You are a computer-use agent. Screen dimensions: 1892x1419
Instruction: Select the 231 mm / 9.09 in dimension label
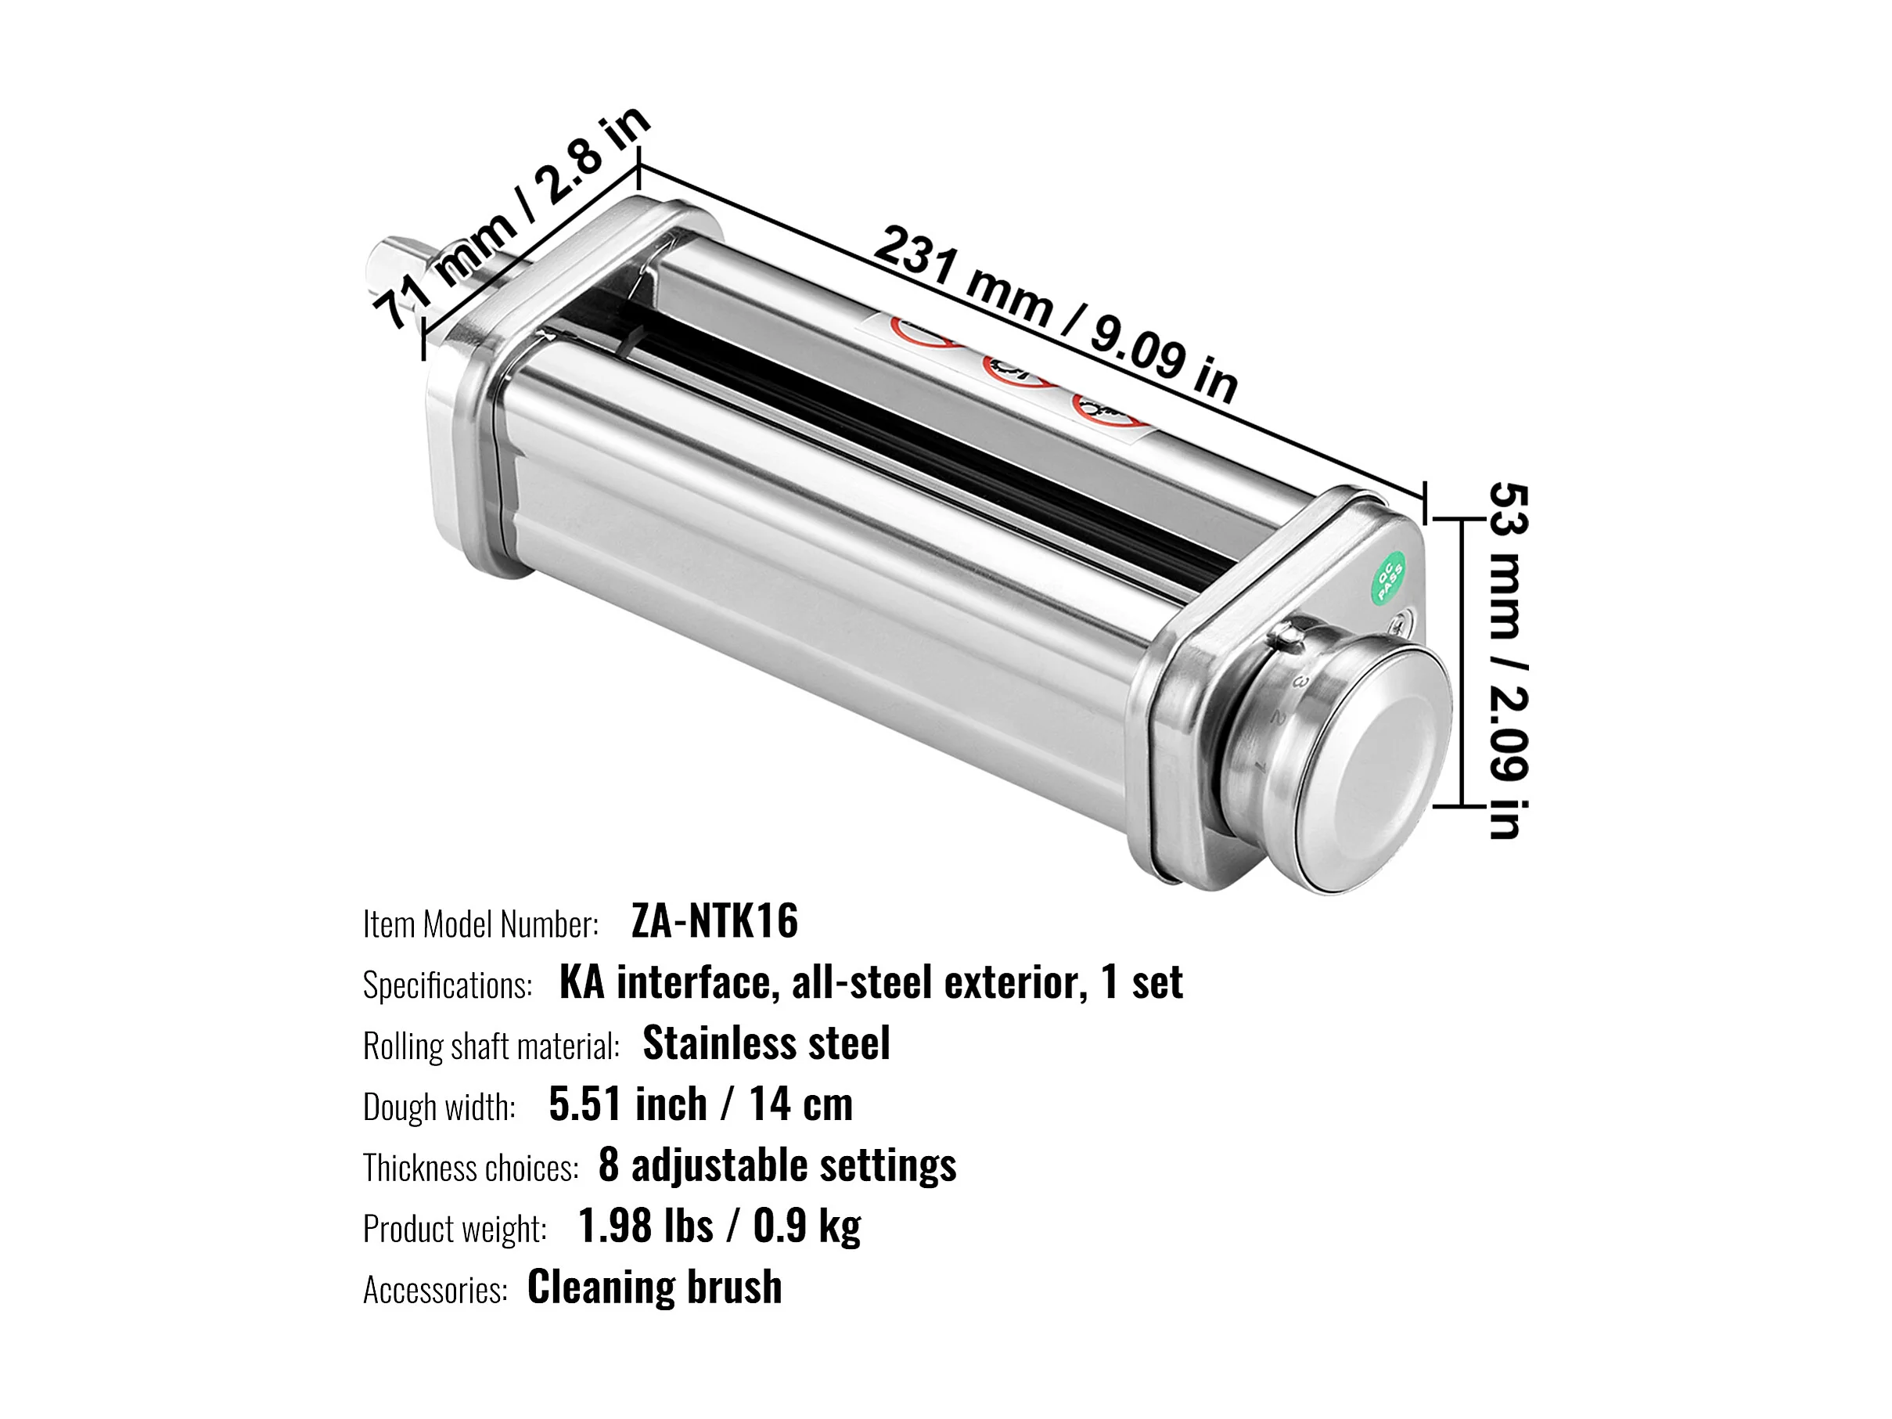[1056, 312]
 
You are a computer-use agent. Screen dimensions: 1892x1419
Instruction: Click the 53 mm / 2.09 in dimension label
[1508, 661]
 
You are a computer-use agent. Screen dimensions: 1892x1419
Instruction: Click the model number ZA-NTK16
[714, 922]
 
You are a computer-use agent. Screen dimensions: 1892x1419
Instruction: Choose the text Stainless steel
[766, 1043]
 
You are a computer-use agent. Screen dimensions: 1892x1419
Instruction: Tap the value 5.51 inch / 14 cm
[700, 1104]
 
